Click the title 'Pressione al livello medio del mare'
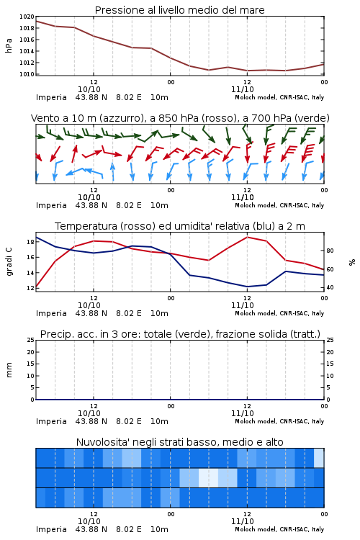[179, 10]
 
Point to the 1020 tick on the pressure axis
[27, 17]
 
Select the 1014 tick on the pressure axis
[27, 51]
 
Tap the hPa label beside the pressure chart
[9, 45]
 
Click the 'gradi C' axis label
[9, 262]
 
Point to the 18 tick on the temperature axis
[30, 242]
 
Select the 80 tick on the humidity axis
[330, 251]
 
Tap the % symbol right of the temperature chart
[352, 262]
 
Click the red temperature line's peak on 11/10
[248, 238]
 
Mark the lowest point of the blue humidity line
[247, 287]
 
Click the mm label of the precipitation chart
[9, 370]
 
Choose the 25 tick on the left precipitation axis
[30, 341]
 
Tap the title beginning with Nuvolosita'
[179, 442]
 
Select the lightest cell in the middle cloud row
[208, 477]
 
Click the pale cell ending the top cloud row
[319, 458]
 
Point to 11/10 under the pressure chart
[243, 89]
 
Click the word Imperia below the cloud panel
[51, 529]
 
